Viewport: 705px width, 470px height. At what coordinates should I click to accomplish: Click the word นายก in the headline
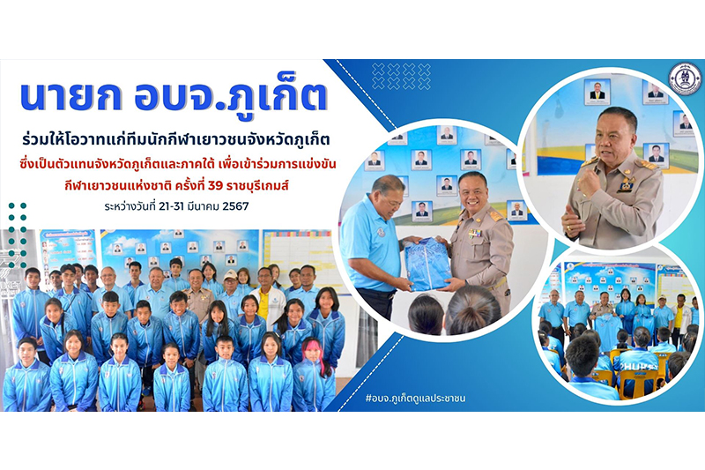(x=71, y=97)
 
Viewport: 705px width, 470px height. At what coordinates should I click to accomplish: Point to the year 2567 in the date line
(x=235, y=206)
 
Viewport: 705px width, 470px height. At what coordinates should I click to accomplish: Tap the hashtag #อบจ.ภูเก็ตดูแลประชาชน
(x=415, y=398)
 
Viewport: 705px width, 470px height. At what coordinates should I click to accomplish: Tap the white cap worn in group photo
(x=230, y=274)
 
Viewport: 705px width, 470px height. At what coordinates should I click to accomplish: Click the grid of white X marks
(x=401, y=76)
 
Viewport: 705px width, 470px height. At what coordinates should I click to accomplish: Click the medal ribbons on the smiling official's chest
(x=475, y=233)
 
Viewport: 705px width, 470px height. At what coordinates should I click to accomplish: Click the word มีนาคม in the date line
(x=205, y=206)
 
